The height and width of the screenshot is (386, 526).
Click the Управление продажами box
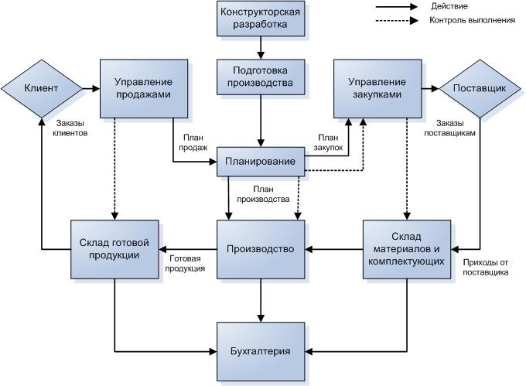point(143,89)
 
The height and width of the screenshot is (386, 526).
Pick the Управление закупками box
point(377,89)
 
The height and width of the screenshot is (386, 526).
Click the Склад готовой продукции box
point(114,250)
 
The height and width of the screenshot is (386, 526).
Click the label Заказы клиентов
point(72,128)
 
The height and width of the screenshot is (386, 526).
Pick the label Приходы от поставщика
point(485,268)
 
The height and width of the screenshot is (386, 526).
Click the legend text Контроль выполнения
point(472,20)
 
